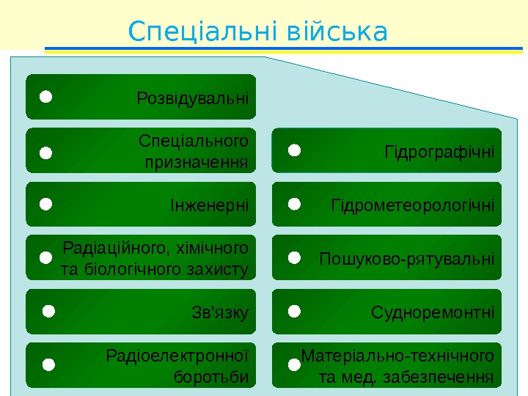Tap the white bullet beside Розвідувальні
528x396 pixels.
45,96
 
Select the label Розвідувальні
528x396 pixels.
193,97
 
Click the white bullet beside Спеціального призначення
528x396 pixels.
45,153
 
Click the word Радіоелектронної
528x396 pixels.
177,356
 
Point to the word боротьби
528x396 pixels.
212,377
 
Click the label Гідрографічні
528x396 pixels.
439,152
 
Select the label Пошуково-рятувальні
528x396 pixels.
407,259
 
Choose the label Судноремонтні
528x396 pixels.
433,312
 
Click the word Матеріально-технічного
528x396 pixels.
397,356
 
